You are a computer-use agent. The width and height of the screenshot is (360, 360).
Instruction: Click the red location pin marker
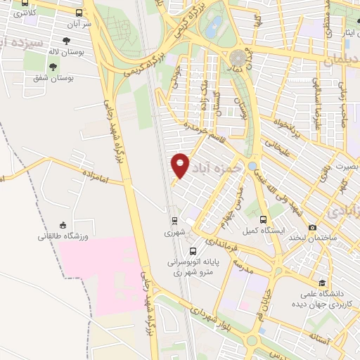(181, 165)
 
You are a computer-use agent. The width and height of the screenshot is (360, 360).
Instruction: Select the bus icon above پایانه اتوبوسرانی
(193, 251)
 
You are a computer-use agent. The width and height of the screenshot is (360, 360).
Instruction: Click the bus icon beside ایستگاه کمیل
(263, 219)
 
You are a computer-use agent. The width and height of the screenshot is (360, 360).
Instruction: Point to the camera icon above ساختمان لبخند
(312, 227)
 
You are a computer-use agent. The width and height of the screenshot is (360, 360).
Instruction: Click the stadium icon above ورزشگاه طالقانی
(63, 225)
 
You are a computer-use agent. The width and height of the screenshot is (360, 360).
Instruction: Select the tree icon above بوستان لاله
(66, 41)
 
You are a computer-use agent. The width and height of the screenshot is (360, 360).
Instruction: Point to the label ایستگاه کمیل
(257, 231)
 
